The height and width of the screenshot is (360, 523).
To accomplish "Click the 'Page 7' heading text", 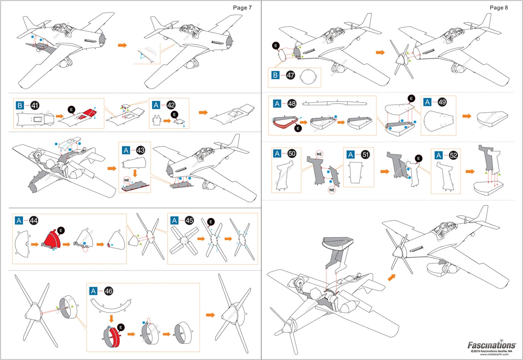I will click(x=242, y=8).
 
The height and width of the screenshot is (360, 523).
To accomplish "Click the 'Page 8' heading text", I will click(x=499, y=8).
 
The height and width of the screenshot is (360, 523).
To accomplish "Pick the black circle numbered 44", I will click(x=34, y=221).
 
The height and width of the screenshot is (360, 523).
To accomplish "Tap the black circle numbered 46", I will click(x=108, y=291).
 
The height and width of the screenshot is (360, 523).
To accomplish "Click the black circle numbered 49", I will click(x=442, y=102).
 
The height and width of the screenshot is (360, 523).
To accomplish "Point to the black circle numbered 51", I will click(x=365, y=154).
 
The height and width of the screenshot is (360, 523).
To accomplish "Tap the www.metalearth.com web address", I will click(x=494, y=354).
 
